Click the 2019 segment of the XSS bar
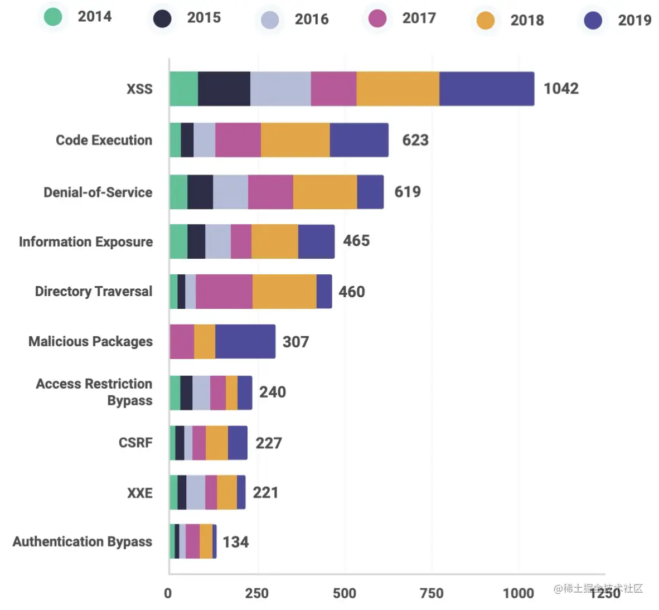487,89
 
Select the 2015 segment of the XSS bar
224,89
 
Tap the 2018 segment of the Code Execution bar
295,140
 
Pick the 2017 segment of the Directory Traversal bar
224,292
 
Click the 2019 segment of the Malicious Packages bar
245,341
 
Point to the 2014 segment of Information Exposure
178,241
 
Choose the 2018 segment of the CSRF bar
216,443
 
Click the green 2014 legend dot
53,17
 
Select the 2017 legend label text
419,18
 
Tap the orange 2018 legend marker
486,21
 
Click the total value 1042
561,89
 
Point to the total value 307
295,342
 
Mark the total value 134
235,542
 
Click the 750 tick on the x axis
432,593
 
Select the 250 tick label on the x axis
256,593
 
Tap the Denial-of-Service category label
98,192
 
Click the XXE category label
140,493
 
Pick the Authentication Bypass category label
83,542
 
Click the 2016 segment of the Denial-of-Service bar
230,192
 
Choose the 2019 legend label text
634,21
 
